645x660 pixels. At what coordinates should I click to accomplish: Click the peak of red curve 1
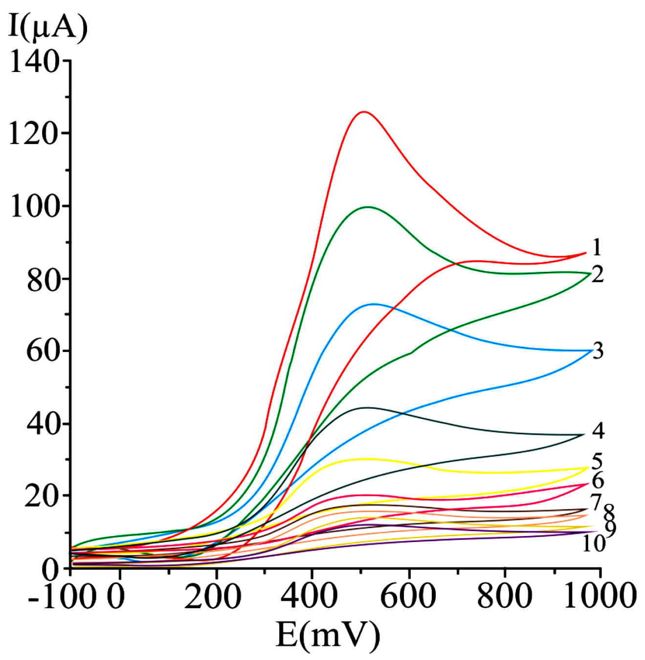pos(363,112)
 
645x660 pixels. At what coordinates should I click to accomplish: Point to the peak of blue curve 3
pos(374,304)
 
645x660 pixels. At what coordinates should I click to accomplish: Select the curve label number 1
pos(596,248)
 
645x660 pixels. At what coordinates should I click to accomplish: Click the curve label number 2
pos(597,274)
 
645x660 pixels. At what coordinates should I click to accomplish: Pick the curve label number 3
pos(598,351)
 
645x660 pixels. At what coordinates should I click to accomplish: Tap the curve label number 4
pos(598,431)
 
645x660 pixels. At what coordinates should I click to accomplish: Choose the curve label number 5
pos(597,461)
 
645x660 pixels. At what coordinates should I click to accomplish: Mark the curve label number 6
pos(598,481)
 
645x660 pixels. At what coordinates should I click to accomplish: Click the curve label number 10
pos(594,543)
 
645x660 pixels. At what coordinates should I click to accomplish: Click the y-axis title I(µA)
pos(48,27)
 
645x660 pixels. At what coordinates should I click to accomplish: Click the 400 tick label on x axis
pos(311,597)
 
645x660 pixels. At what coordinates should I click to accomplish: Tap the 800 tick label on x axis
pos(504,597)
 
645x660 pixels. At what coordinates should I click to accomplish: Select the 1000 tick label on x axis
pos(600,597)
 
